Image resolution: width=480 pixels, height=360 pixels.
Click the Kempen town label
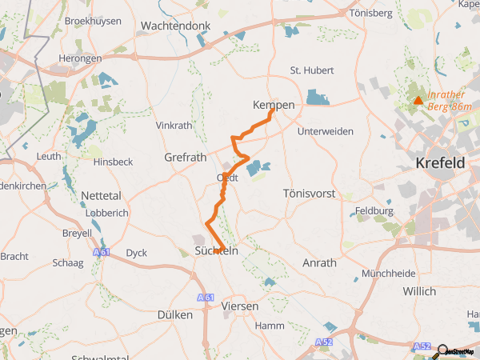(x=274, y=105)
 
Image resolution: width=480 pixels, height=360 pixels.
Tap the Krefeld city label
(x=440, y=162)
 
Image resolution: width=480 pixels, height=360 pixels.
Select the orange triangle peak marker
(x=418, y=100)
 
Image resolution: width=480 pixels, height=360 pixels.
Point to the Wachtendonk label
(x=174, y=26)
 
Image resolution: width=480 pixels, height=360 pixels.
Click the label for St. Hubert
(x=306, y=70)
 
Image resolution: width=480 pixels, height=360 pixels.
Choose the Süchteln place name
(x=216, y=250)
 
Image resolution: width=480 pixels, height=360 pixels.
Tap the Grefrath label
(x=186, y=157)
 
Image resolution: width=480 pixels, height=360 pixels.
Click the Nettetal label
(x=102, y=195)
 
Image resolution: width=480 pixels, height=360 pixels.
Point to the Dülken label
(x=175, y=314)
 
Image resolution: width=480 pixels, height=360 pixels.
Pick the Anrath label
(x=319, y=262)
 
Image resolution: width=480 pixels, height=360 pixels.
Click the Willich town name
(x=422, y=290)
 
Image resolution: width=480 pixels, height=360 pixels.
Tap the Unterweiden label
(x=325, y=130)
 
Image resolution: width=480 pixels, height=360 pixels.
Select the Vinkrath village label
(x=174, y=126)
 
